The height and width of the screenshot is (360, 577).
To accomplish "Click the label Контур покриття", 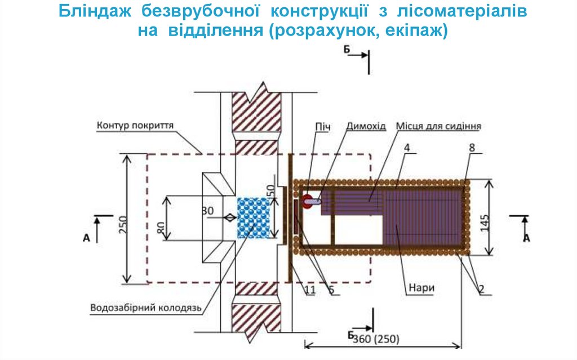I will coord(135,125).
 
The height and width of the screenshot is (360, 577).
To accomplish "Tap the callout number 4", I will coord(405,149).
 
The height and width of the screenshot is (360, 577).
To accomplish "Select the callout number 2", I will coord(482,291).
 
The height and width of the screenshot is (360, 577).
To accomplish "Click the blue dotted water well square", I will coord(255,217).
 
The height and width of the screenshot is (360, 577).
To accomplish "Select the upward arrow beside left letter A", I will coord(96,228).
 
